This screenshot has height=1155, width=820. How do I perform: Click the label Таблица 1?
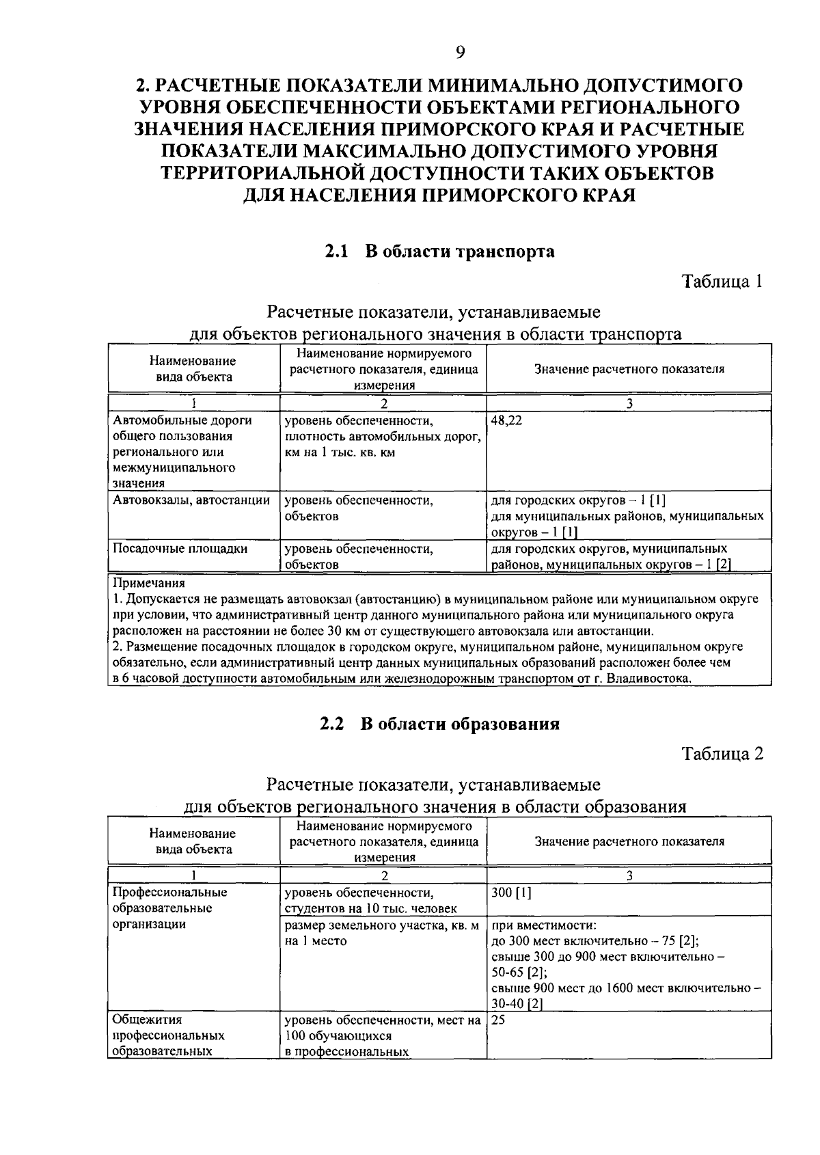point(722,281)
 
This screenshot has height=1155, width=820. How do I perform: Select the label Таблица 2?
point(722,753)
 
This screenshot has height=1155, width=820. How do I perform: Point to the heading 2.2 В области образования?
point(439,724)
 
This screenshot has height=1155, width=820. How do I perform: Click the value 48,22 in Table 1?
point(506,421)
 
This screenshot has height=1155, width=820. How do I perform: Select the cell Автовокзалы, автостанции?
point(191,500)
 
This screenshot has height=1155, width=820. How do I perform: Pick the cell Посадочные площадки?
point(180,549)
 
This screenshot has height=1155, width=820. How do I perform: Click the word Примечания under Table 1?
point(148,584)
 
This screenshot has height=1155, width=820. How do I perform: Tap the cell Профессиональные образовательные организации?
point(169,908)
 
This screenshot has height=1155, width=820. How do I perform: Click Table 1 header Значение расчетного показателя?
point(629,369)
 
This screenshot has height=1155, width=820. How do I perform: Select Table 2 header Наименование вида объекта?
point(192,841)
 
